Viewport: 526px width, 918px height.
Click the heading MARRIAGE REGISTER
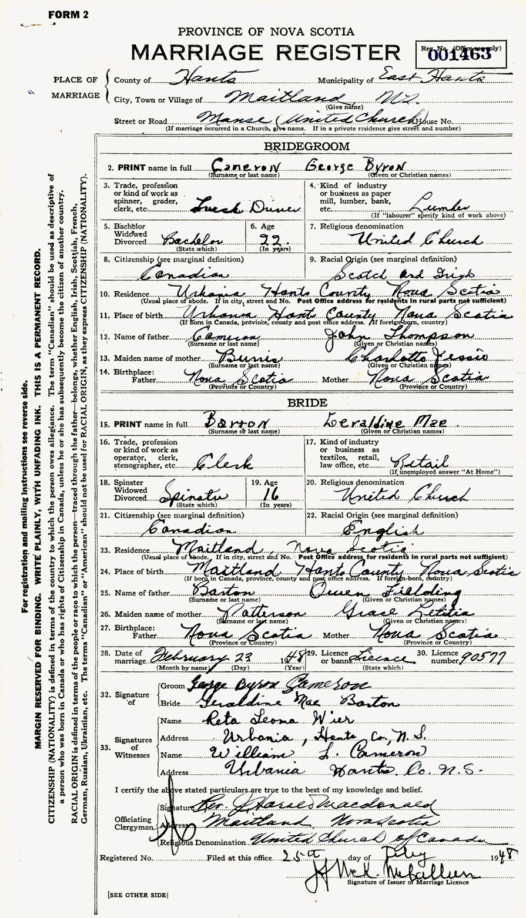266,53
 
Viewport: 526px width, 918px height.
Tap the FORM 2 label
68,15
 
